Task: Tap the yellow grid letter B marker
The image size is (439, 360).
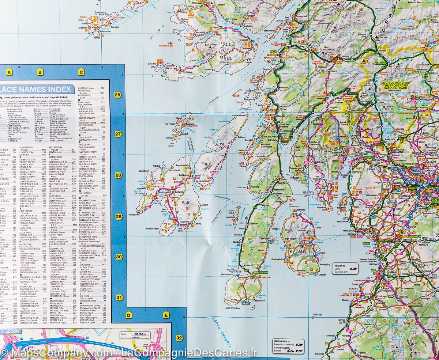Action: [40, 72]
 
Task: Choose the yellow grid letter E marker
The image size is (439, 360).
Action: [166, 315]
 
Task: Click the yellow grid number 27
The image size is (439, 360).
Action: [118, 134]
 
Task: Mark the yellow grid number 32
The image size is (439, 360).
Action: [179, 338]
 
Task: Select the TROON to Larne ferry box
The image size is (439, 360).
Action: [344, 269]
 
